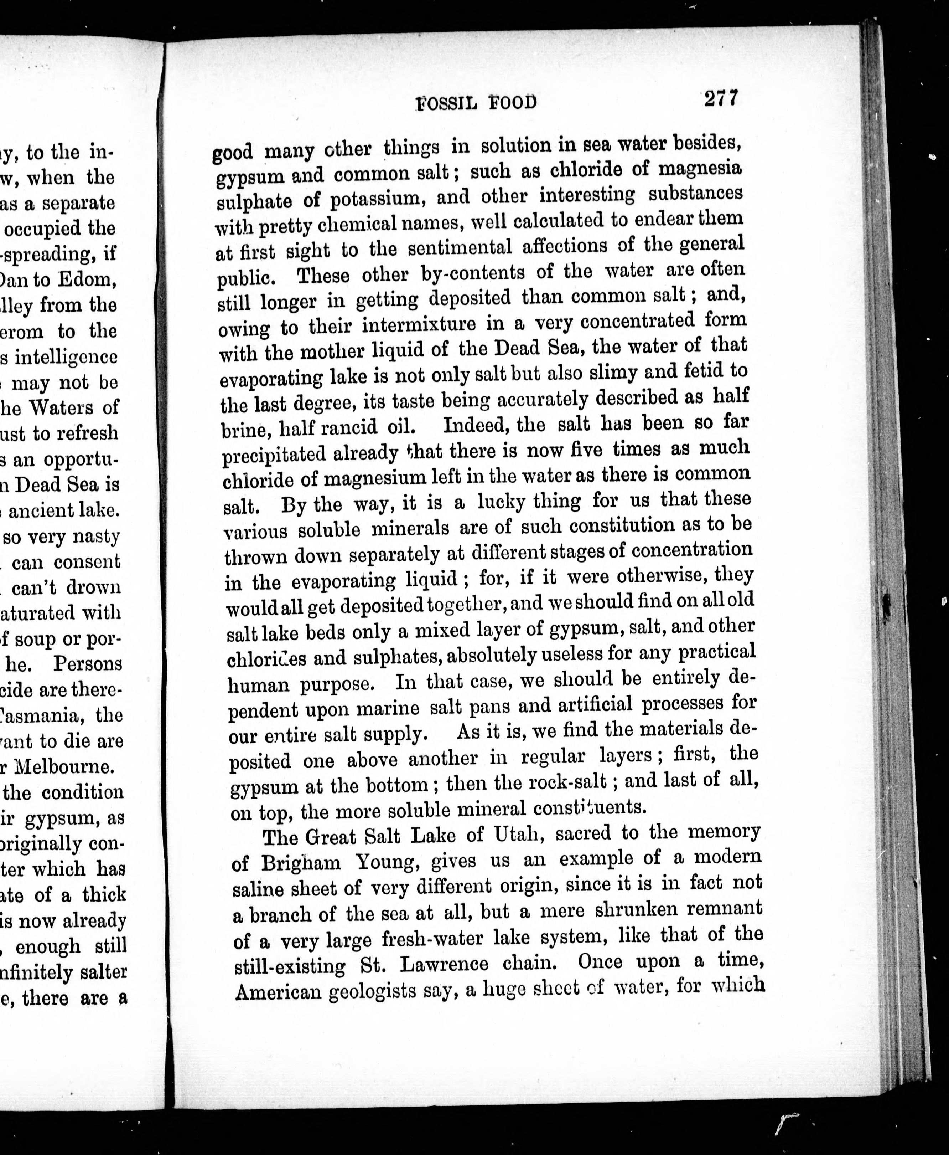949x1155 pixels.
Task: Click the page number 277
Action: pyautogui.click(x=721, y=99)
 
